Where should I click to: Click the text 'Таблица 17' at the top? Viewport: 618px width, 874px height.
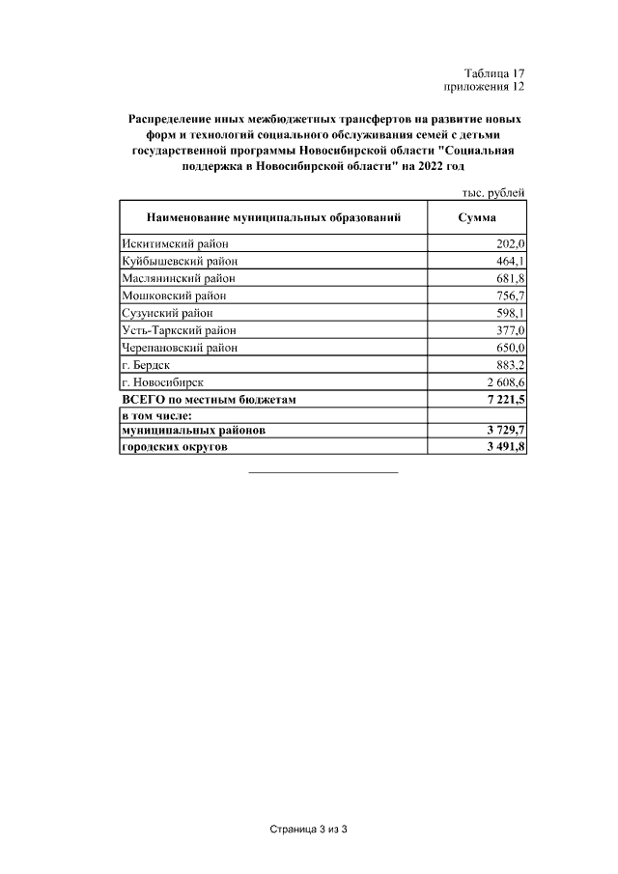pos(493,73)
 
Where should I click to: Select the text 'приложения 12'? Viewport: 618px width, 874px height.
pos(484,87)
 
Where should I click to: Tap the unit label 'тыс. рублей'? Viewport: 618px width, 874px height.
pos(494,192)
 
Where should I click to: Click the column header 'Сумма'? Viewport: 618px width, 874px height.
pos(476,217)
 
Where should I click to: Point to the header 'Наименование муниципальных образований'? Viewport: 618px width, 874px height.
pos(273,217)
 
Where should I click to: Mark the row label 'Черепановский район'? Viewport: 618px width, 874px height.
pos(180,348)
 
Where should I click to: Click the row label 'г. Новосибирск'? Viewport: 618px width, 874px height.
pos(162,382)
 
